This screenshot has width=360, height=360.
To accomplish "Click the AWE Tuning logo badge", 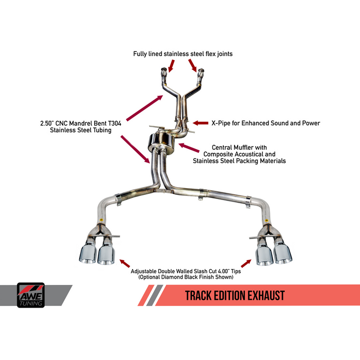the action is (31, 295).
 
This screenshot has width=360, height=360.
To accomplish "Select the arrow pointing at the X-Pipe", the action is (201, 123).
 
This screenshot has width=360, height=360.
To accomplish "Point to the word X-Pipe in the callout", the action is (221, 123).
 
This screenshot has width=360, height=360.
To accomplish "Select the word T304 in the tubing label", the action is (115, 123).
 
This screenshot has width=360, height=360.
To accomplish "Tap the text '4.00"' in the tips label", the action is (223, 271).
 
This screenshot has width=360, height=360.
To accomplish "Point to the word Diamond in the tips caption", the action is (171, 277).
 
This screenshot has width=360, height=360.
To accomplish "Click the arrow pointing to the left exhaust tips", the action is (124, 263).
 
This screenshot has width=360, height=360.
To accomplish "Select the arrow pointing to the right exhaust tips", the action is (246, 263).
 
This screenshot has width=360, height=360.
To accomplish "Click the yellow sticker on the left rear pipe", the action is (101, 220).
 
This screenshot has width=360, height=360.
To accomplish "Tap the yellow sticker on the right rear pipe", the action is (266, 220).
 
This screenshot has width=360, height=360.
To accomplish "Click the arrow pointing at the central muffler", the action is (189, 148).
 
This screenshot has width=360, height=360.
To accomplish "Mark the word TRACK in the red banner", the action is (199, 296).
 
